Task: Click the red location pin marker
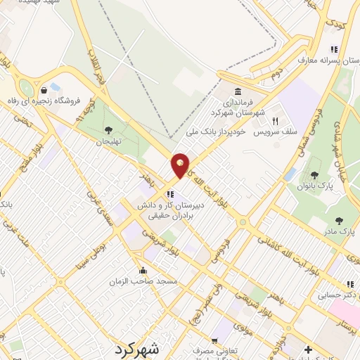tap(181, 165)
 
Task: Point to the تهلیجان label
tap(108, 141)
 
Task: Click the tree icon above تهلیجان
tap(108, 129)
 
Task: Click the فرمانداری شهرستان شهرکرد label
tap(238, 107)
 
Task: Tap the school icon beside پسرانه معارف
tap(334, 49)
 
